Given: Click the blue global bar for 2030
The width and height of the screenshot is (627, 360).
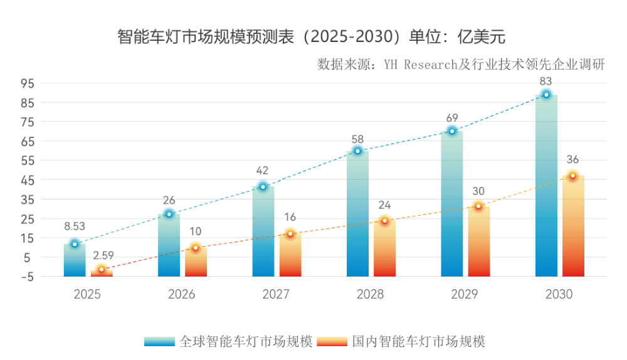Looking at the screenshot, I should (546, 188).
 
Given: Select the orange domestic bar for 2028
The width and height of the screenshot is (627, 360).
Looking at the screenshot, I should (384, 249).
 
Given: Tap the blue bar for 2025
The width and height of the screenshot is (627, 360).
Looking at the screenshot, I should (75, 261).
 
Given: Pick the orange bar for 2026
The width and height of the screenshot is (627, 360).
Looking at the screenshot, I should (196, 262).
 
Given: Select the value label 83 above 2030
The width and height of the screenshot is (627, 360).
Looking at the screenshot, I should (546, 81).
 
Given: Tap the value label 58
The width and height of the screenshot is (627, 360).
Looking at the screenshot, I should (357, 139).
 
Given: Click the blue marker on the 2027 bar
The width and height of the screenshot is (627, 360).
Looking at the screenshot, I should (263, 187).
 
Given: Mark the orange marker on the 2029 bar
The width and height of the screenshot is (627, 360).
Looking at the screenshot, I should (478, 206).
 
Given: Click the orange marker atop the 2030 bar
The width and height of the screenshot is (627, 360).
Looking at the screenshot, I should (572, 176).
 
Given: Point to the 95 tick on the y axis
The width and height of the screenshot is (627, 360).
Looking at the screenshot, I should (27, 83).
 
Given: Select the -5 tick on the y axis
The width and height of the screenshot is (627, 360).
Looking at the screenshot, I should (27, 277).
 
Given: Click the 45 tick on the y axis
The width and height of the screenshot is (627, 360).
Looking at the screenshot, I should (27, 180).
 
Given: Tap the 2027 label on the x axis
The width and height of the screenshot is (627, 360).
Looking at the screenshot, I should (276, 294).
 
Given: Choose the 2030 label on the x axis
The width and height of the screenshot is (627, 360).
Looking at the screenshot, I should (559, 294).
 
